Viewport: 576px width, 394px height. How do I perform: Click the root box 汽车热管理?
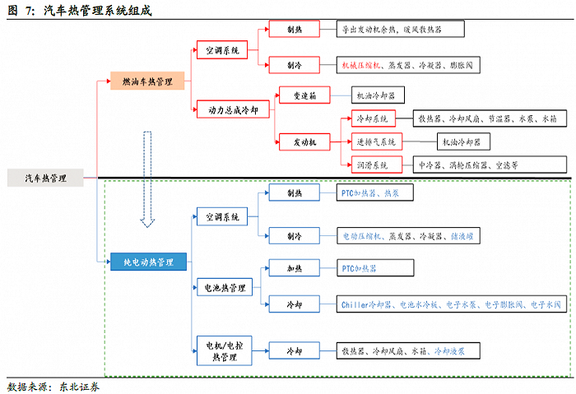click(46, 177)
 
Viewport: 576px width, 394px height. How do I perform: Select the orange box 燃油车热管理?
click(151, 81)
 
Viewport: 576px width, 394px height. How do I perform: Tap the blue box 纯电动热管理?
click(148, 262)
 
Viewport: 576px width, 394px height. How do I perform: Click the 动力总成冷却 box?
click(231, 109)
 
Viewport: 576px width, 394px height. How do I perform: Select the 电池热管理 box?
click(225, 288)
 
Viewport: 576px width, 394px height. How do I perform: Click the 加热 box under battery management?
click(294, 267)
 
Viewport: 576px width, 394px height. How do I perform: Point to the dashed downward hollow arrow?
click(147, 178)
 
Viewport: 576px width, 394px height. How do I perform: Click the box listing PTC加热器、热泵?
click(374, 194)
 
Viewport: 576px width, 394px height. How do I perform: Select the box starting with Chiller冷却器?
click(452, 304)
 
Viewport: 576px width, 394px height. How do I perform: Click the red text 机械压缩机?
click(359, 64)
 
